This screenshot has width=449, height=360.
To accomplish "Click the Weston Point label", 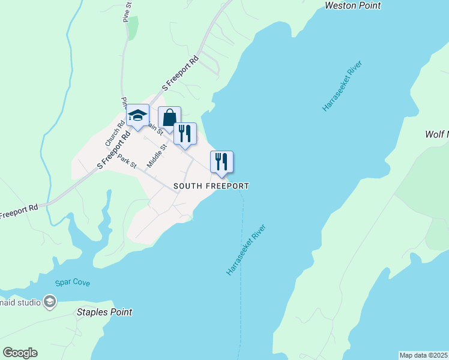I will point(352,5).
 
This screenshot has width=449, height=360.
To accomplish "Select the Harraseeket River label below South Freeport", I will point(246,250).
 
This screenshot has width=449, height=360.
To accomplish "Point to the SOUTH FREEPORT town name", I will point(211,186).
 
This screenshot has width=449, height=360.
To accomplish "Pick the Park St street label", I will point(127,161).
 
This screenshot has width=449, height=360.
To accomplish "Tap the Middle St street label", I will point(157,155).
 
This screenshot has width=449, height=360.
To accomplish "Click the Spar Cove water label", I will point(72,282).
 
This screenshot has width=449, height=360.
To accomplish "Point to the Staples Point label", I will point(104,312).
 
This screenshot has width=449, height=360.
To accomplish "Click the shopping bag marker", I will point(169,118).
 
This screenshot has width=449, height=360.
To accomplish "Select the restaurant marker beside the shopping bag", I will point(185,134).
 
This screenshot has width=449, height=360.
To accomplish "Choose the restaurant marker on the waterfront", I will point(221,162).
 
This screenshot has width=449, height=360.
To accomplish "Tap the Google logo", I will point(20,353).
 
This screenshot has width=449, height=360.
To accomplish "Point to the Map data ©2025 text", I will point(423,355).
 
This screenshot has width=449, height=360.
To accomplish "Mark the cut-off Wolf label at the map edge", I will point(436,134).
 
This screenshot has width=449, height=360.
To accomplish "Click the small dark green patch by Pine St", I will point(133,27).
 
